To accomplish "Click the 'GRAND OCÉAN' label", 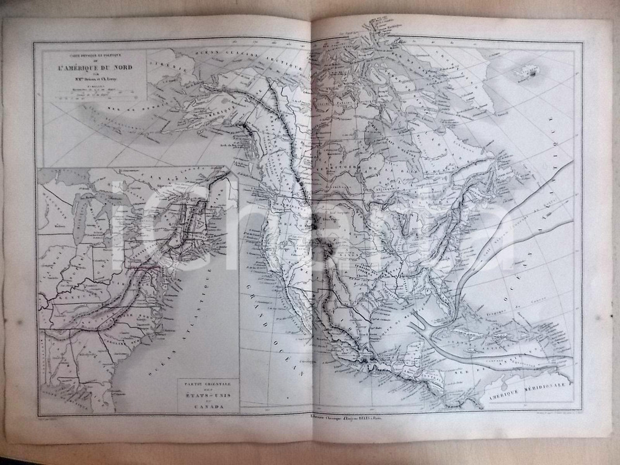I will point(273,322).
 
